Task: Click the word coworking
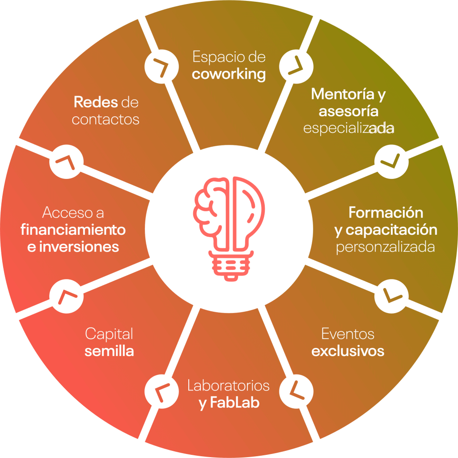point(229,74)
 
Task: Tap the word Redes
point(96,102)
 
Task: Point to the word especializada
point(348,128)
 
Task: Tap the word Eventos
point(348,334)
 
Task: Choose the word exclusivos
point(348,351)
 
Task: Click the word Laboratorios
point(229,385)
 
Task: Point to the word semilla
point(109,351)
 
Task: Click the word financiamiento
point(73,230)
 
